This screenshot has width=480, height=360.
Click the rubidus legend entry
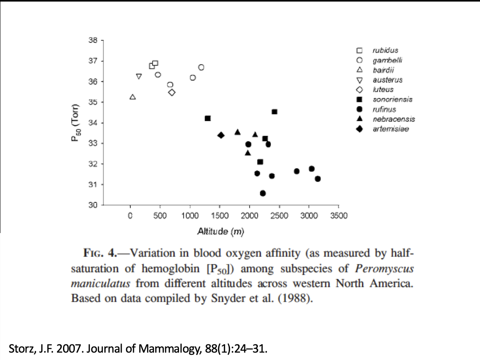385,50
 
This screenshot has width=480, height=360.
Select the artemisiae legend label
390,129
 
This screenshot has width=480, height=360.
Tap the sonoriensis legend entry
392,100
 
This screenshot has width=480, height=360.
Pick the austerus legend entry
387,80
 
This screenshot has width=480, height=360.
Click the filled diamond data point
221,135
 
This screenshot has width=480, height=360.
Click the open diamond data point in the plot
172,92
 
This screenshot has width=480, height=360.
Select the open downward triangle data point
139,77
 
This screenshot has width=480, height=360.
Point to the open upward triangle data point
133,97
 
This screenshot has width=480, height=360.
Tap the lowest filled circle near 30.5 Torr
263,193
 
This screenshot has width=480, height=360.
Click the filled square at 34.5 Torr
274,112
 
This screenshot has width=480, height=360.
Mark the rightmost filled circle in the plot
318,179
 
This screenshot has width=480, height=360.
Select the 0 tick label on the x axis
130,216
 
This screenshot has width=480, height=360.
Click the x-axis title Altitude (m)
220,231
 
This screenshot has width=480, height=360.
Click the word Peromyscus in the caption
384,269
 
